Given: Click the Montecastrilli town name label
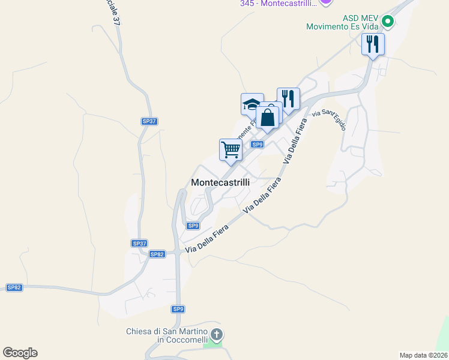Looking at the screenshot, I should pos(220,182).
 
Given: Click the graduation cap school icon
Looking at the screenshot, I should pos(252,104).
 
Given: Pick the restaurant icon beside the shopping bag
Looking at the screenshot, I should pos(289,99).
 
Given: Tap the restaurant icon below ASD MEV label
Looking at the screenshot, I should pos(373,44).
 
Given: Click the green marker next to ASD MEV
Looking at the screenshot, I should pos(388,22).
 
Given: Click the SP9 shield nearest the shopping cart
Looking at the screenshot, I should pos(258,145).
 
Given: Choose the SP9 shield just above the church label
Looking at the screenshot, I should pos(178,309).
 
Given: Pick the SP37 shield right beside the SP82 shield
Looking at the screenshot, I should pos(139,243).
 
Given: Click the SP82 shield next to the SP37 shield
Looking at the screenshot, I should pos(157,254).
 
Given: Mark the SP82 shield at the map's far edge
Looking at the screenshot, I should pos(14,287).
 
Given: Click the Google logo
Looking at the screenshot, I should pos(20,353).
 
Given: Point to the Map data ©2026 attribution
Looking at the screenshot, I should pos(423,355).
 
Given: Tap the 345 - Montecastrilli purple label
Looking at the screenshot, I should pos(278,4).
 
